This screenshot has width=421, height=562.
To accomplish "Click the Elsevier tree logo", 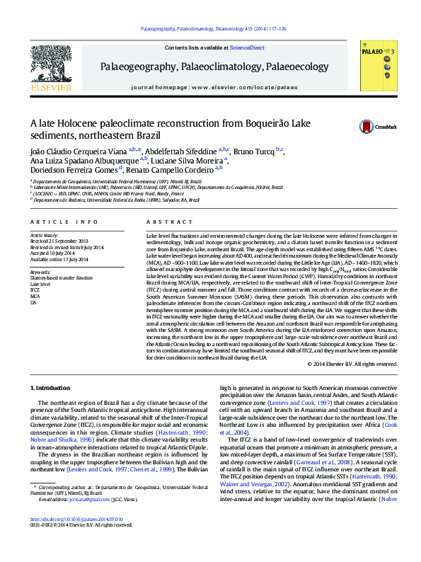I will click(x=51, y=66).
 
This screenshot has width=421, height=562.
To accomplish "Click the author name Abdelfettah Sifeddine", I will click(x=183, y=151).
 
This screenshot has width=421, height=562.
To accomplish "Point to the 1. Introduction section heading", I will click(x=50, y=389).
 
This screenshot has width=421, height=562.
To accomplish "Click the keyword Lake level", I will click(x=40, y=284).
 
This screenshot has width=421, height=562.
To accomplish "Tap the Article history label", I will click(x=42, y=234).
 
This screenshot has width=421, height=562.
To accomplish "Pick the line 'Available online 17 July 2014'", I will click(x=59, y=259).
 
